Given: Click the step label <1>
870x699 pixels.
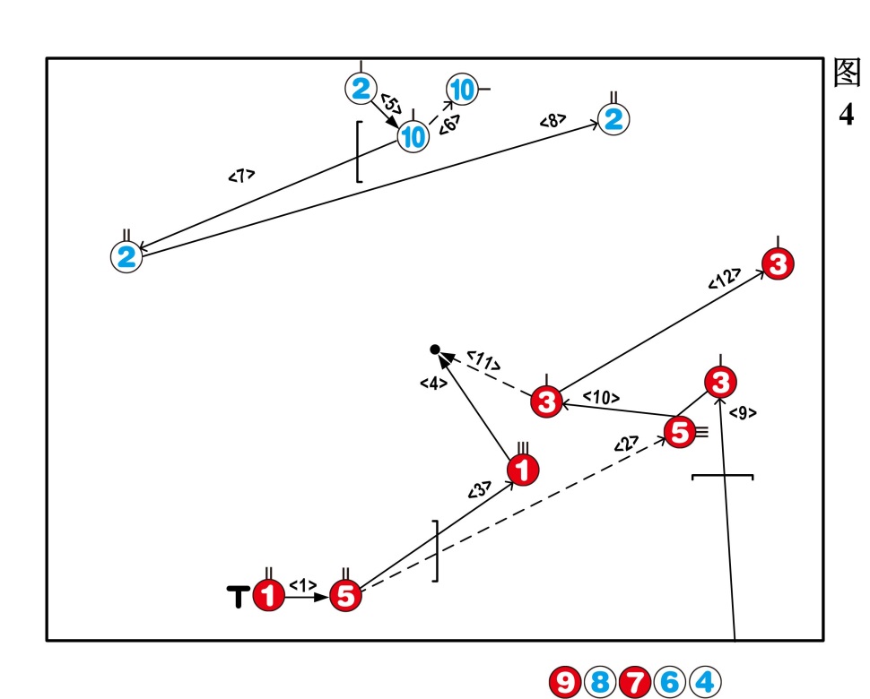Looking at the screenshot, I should [303, 585].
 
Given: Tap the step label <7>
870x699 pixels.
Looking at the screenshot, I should [241, 176].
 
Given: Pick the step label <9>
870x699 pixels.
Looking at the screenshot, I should [743, 413].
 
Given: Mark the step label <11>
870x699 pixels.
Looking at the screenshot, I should [483, 361].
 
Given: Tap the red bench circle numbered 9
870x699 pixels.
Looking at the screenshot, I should [565, 683].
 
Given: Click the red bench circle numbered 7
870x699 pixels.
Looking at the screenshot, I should [634, 683].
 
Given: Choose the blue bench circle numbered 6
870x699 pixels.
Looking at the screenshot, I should [669, 683].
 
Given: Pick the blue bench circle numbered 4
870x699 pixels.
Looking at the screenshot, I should [704, 683].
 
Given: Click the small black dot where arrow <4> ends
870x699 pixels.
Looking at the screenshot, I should [435, 349].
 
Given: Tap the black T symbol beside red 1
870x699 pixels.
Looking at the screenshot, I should [238, 596].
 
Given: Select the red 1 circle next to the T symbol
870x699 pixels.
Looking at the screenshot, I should [268, 596].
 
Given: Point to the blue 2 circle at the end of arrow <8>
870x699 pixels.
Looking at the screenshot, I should [613, 119].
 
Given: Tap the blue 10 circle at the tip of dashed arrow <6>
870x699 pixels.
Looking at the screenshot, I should [462, 89].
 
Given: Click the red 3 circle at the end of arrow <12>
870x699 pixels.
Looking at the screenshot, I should [778, 264].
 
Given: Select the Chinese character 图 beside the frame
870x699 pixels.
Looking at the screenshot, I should [847, 74].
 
